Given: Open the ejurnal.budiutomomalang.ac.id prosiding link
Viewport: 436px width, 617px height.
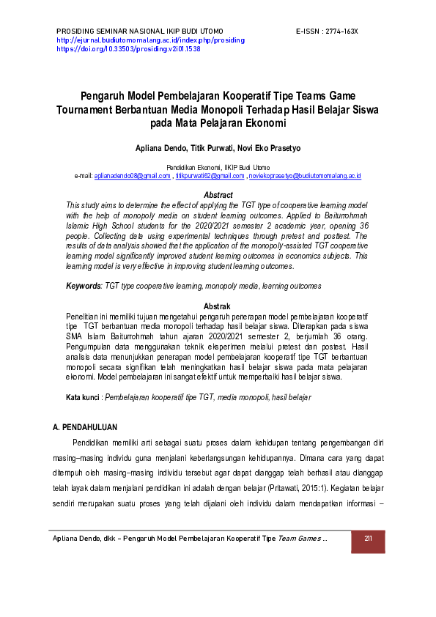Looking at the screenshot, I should pyautogui.click(x=150, y=40).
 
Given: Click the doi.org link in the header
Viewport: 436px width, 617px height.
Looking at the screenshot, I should pyautogui.click(x=128, y=49).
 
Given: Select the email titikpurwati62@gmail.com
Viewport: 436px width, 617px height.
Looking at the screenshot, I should pyautogui.click(x=210, y=177).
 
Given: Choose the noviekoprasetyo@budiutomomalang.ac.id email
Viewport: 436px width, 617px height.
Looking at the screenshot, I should pyautogui.click(x=304, y=177).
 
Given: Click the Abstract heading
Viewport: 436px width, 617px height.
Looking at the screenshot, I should pyautogui.click(x=218, y=196).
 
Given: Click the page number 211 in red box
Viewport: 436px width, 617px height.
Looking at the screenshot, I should pyautogui.click(x=369, y=539).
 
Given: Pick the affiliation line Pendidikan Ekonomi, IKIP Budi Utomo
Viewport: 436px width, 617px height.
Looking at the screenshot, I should pyautogui.click(x=218, y=168).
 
